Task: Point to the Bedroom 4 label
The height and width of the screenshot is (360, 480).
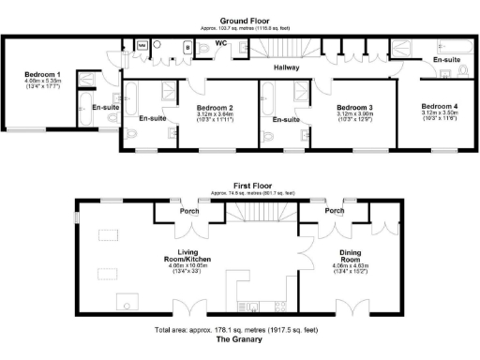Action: click(441, 107)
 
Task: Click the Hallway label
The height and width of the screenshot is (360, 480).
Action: click(287, 67)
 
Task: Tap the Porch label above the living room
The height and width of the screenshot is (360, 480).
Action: click(195, 211)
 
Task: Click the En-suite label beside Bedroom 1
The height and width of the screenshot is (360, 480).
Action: click(104, 108)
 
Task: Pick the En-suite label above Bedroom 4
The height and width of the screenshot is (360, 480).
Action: click(446, 59)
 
